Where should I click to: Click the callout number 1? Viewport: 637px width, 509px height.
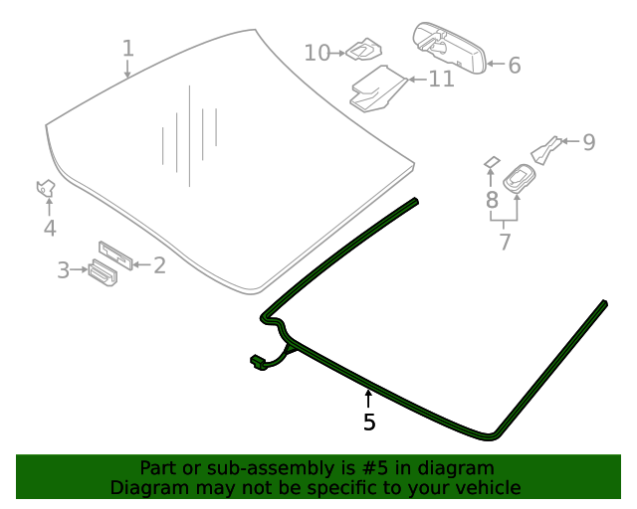(x=127, y=48)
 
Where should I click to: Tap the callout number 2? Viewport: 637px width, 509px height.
(x=158, y=264)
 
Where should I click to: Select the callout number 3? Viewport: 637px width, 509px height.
(x=63, y=269)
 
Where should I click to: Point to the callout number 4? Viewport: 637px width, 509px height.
(x=49, y=230)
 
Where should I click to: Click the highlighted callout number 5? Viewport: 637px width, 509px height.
(x=369, y=423)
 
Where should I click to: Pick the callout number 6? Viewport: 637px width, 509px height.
(x=514, y=66)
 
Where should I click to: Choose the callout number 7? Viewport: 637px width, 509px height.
(x=505, y=241)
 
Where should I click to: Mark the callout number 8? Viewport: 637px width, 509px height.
(x=492, y=200)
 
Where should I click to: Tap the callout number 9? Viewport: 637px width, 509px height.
(x=588, y=142)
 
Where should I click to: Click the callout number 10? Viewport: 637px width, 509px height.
(x=317, y=52)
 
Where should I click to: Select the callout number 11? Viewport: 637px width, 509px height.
(x=442, y=79)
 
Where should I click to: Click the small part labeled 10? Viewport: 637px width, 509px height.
(x=363, y=49)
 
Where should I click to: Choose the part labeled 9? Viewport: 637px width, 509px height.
(x=546, y=149)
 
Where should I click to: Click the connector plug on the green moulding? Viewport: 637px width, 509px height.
(x=258, y=364)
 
